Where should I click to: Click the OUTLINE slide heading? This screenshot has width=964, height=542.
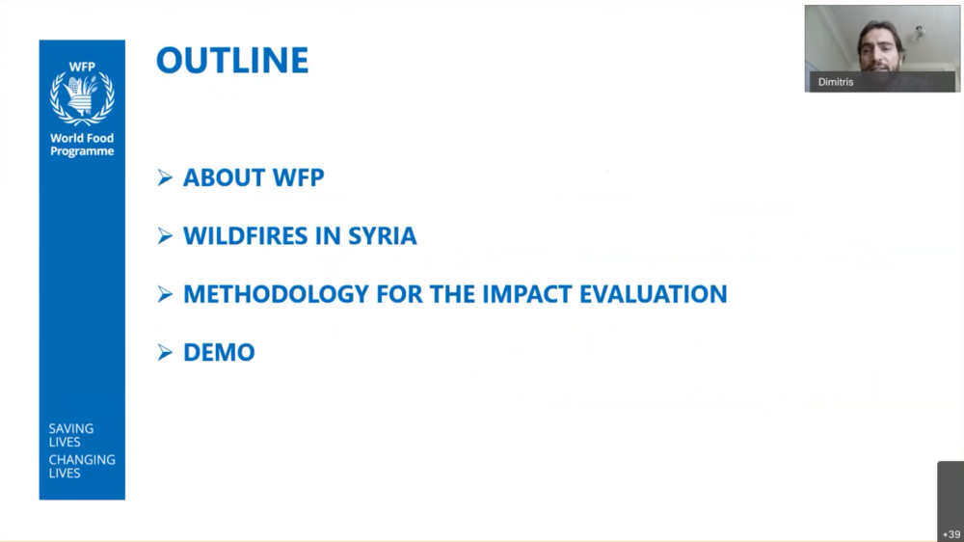pos(232,61)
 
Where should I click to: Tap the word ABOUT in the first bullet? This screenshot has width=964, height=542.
pos(224,177)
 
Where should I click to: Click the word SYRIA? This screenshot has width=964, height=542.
pos(383,236)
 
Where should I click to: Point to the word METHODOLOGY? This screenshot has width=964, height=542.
pos(276,294)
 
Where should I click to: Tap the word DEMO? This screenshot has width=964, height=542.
pos(219,353)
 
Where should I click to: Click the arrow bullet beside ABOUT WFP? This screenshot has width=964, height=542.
pos(165,177)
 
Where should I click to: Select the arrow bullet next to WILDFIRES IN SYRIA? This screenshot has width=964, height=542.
pos(165,235)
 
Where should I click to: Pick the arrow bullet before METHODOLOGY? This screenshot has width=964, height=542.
pos(165,294)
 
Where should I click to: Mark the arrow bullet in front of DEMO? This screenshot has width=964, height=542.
pos(165,352)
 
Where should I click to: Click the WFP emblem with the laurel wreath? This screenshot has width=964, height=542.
pos(82,97)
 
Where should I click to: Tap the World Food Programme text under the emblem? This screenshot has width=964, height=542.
pos(82,146)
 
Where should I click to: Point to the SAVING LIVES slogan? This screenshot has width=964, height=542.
pos(71,435)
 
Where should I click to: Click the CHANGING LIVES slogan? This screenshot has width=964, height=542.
pos(82,467)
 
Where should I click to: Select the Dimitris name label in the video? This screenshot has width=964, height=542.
pos(836,82)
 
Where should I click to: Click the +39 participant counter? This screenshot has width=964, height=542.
pos(951,534)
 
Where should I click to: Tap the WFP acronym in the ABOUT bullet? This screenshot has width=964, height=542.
pos(298,177)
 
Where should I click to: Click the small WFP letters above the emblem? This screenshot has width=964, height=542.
pos(82,67)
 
